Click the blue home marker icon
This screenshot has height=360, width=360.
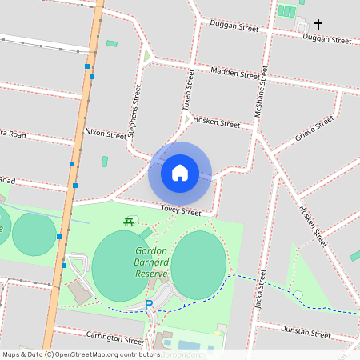click(x=180, y=173)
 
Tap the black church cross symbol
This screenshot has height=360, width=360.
click(x=319, y=25)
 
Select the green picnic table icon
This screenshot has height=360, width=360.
click(x=127, y=222)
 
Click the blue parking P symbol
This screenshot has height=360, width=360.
click(x=148, y=305)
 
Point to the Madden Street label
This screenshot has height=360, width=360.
click(x=235, y=74)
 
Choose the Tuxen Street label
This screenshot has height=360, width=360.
click(x=190, y=89)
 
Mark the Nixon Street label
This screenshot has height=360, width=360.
click(x=106, y=133)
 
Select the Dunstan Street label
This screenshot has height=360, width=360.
click(x=306, y=332)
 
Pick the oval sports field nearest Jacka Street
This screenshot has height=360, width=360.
click(x=198, y=265)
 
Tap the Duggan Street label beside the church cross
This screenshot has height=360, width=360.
click(x=328, y=39)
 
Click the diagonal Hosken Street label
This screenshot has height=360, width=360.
click(x=313, y=226)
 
